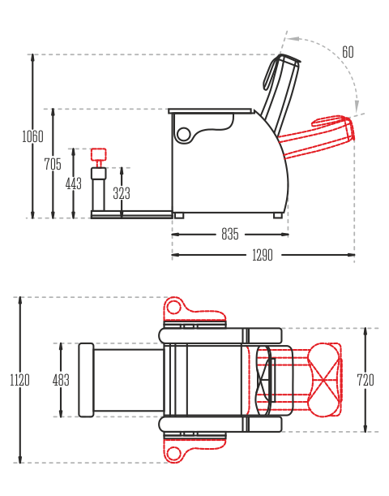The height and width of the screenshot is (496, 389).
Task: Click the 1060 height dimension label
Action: tap(32, 136)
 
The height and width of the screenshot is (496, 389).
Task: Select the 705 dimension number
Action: tap(53, 164)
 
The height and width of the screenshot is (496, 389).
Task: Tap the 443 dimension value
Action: tap(74, 183)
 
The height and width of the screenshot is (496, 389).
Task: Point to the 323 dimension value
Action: tap(122, 193)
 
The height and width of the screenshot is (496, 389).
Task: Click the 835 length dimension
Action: tap(230, 234)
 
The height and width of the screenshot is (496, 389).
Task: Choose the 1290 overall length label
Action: tap(263, 255)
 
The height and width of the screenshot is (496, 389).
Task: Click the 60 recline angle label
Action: tap(348, 52)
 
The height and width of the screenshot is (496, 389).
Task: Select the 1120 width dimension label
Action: tap(20, 380)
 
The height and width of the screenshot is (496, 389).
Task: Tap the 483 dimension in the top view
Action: tap(61, 380)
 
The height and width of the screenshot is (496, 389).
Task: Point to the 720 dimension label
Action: tap(365, 380)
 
